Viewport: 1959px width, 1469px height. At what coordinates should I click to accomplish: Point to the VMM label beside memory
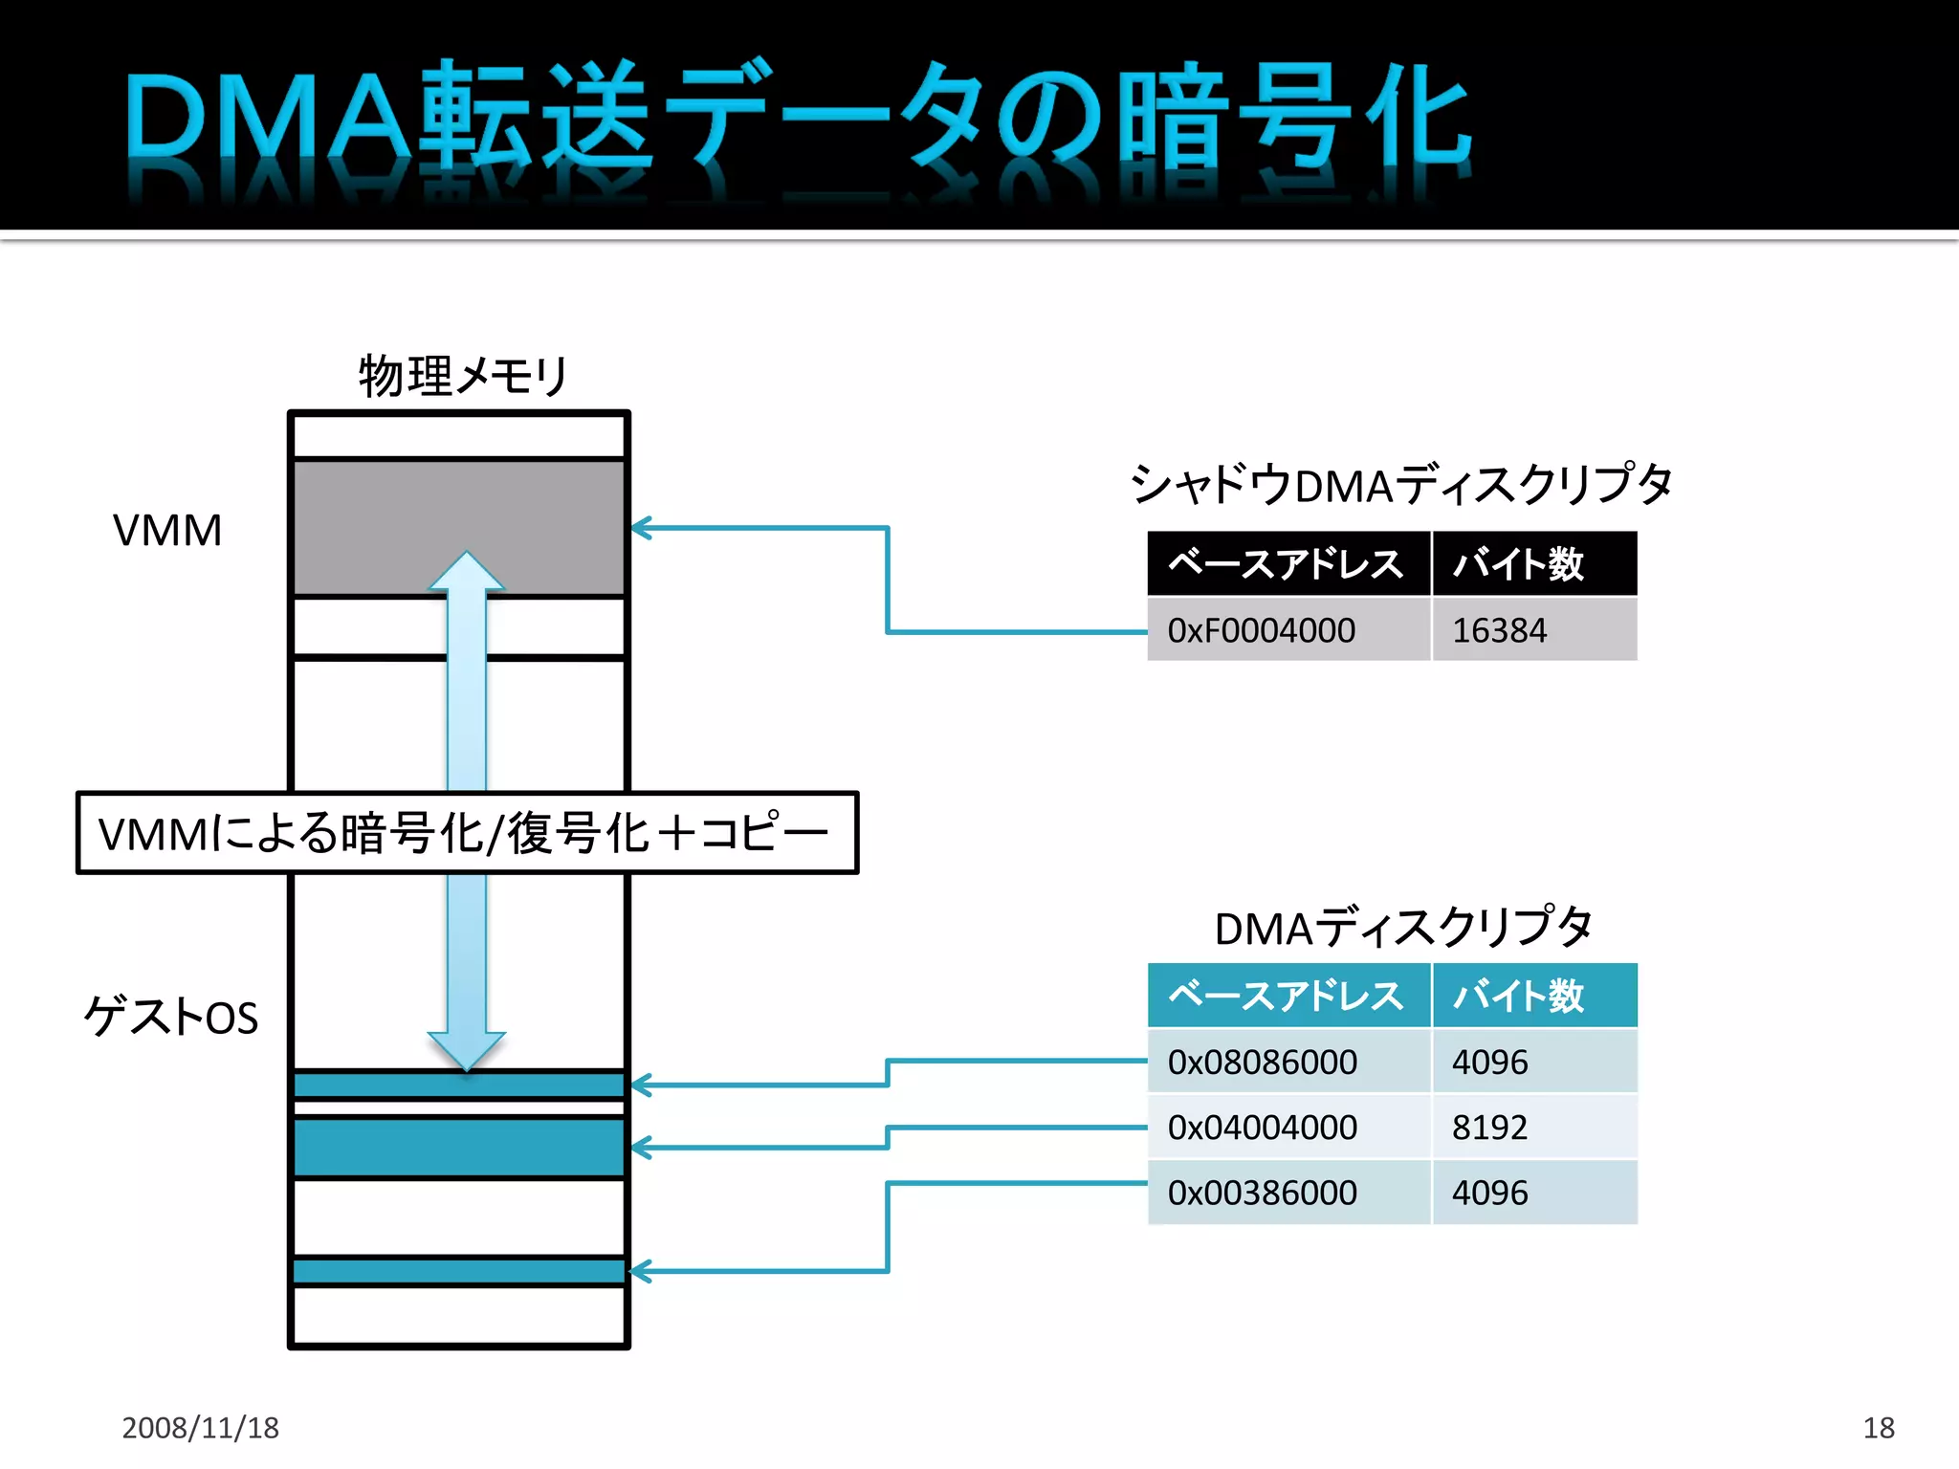tap(167, 530)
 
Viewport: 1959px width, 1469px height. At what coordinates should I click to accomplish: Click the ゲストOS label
tap(171, 1016)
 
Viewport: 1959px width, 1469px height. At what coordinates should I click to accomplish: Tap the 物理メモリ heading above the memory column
tap(463, 375)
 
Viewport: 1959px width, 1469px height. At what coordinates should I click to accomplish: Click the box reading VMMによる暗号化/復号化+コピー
tap(467, 832)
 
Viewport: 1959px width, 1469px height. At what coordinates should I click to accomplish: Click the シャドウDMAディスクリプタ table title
tap(1400, 484)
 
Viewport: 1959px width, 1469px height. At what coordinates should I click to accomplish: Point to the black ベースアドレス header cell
tap(1288, 563)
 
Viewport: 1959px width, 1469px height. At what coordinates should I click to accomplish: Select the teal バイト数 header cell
tap(1533, 996)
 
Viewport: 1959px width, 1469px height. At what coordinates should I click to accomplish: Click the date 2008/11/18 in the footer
tap(200, 1427)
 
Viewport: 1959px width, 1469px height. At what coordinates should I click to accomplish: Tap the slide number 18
tap(1878, 1427)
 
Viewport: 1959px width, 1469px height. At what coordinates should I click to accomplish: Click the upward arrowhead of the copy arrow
tap(466, 572)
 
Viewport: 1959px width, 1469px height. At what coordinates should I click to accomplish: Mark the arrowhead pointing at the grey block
tap(641, 528)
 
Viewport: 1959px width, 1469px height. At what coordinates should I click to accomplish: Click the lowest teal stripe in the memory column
tap(459, 1271)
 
